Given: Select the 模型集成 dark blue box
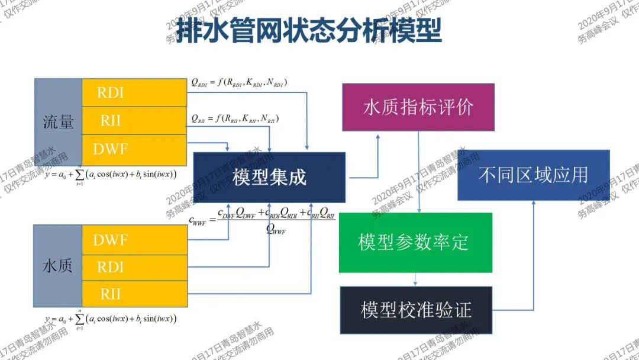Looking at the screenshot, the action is click(269, 177).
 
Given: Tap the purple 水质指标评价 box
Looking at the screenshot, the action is click(418, 107).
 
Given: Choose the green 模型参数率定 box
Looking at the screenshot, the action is click(415, 242).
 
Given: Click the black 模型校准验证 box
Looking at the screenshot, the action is click(416, 310).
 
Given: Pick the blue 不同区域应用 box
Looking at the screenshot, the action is click(533, 175).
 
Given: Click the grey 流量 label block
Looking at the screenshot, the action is click(58, 121).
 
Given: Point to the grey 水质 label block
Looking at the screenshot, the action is click(57, 266).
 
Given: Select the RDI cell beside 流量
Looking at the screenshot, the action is click(134, 92).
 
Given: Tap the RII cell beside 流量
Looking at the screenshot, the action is click(134, 121).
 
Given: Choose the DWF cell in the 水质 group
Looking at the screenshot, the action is click(134, 240).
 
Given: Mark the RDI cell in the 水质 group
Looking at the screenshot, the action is click(134, 266).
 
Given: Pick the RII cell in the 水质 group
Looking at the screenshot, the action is click(134, 294).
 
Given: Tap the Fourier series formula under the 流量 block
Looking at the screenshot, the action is click(111, 175).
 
